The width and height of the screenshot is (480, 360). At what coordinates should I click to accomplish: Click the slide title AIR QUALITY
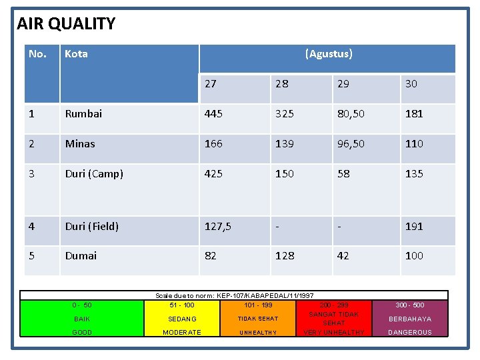(x=66, y=24)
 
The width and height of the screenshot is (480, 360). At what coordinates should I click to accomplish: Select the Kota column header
(x=76, y=54)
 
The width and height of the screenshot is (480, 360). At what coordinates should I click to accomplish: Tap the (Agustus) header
(x=328, y=54)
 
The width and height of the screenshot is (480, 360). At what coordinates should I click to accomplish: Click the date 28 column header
(x=282, y=84)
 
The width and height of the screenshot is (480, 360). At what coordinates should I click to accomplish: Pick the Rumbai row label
(x=83, y=113)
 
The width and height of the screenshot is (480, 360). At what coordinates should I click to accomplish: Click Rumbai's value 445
(x=214, y=113)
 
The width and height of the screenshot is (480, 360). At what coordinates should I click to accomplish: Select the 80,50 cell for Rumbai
(x=351, y=113)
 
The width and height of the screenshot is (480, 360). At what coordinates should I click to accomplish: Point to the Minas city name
(x=80, y=143)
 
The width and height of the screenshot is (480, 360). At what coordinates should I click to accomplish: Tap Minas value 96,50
(x=351, y=143)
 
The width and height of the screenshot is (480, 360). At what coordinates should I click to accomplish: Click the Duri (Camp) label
(x=94, y=173)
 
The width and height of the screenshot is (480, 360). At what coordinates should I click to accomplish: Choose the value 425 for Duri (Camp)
(x=214, y=173)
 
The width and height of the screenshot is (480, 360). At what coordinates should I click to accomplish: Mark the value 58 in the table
(x=343, y=173)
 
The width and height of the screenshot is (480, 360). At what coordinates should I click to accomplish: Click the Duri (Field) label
(x=91, y=226)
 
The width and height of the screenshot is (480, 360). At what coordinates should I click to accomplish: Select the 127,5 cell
(x=218, y=226)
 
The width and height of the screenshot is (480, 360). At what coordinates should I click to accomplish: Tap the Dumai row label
(x=81, y=255)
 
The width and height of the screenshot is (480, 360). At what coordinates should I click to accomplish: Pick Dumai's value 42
(x=343, y=255)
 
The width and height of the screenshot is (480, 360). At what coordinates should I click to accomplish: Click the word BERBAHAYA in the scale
(x=410, y=319)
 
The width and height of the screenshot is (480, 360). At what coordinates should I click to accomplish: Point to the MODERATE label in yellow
(x=182, y=332)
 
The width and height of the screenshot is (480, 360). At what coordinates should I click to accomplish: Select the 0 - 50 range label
(x=82, y=305)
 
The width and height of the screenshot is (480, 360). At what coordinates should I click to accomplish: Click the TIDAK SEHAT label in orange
(x=258, y=319)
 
